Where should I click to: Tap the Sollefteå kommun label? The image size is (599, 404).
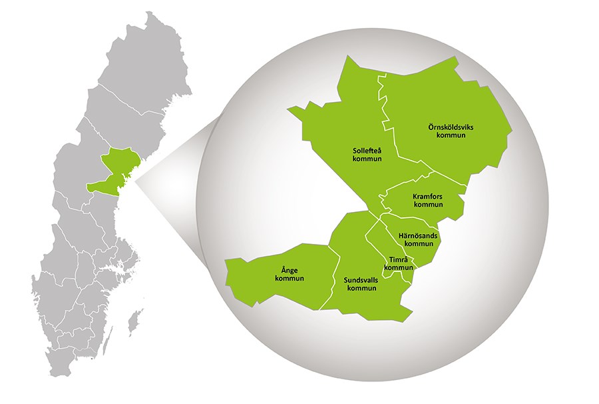pyautogui.click(x=367, y=155)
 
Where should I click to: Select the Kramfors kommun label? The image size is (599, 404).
pyautogui.click(x=428, y=201)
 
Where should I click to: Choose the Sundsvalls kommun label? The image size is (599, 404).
pyautogui.click(x=361, y=285)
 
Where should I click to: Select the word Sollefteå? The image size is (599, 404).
pyautogui.click(x=367, y=151)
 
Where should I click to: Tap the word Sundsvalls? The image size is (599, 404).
pyautogui.click(x=361, y=281)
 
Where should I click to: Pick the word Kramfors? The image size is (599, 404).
pyautogui.click(x=428, y=197)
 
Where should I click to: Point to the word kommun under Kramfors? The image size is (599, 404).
pyautogui.click(x=428, y=205)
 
